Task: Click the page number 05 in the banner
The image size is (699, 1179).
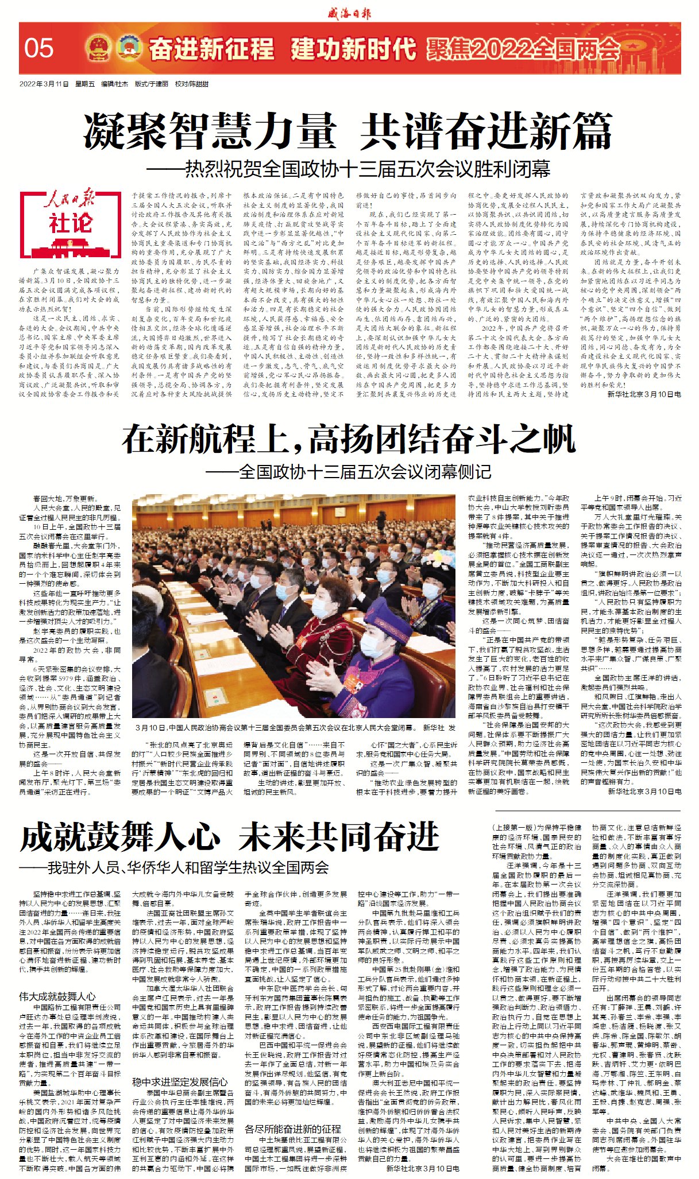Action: [39, 49]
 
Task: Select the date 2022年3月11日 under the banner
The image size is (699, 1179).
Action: [44, 84]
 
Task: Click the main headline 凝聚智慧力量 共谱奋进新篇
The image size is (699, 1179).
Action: [349, 132]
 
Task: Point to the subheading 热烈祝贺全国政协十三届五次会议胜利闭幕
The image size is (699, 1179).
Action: [368, 168]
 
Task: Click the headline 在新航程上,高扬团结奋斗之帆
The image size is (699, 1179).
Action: [349, 440]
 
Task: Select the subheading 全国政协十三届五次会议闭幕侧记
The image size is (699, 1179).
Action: [365, 472]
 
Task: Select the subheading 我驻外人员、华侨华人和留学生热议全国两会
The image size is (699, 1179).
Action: [188, 867]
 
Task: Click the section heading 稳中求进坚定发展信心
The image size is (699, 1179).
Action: [180, 1082]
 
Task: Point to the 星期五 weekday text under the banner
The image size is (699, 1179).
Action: [85, 84]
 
